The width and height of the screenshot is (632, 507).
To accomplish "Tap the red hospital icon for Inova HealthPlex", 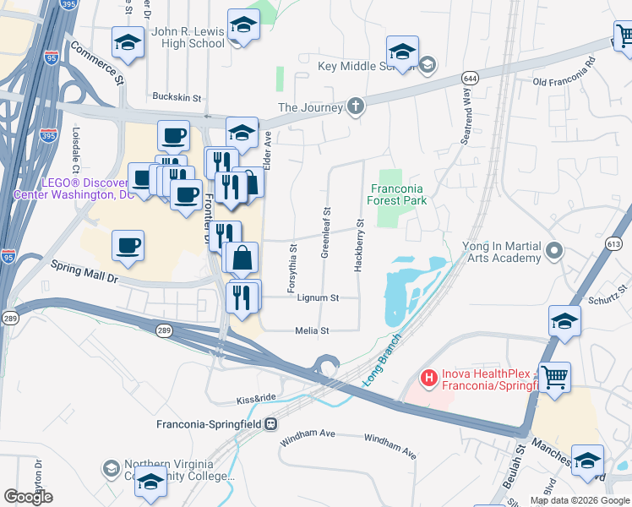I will coord(428,377).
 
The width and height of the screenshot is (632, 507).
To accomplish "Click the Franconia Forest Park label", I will coord(397,194).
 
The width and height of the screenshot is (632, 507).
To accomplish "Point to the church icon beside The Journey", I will coord(356,106).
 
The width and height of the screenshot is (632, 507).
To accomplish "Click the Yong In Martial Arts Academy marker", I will coord(554,251).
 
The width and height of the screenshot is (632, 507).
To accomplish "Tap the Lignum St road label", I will coord(318,298).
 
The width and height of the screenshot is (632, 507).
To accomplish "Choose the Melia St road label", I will coord(312,331).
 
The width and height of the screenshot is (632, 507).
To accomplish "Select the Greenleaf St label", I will coord(325,231).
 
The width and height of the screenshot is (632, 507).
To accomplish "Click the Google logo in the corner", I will coord(28,497).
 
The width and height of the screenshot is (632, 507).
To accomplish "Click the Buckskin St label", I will coord(177,97).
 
